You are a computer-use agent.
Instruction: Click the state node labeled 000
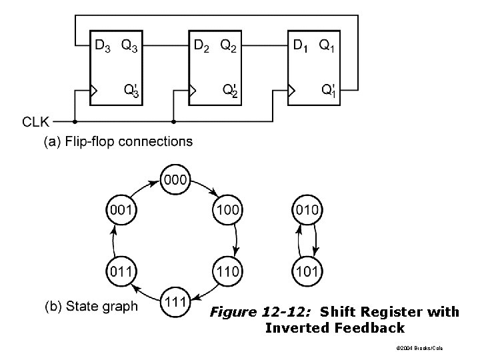click(175, 179)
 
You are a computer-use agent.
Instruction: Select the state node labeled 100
click(227, 210)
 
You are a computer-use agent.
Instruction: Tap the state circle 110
click(227, 271)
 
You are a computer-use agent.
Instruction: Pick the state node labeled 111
click(175, 302)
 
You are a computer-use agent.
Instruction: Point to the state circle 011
click(121, 271)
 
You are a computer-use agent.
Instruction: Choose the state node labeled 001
click(121, 210)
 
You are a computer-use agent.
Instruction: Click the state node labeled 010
click(307, 210)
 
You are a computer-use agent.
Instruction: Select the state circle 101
click(307, 271)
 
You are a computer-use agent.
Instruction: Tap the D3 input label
click(103, 46)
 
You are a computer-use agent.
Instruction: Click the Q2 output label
click(229, 46)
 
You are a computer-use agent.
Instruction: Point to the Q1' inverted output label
click(329, 91)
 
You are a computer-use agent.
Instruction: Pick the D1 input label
click(300, 46)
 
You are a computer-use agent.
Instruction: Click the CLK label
click(35, 122)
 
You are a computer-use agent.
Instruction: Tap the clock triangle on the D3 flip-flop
click(93, 91)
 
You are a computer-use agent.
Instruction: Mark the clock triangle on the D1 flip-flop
click(291, 91)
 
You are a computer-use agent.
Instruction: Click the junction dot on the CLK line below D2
click(173, 122)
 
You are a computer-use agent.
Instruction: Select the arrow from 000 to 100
click(205, 187)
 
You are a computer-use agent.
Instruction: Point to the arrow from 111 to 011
click(146, 293)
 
